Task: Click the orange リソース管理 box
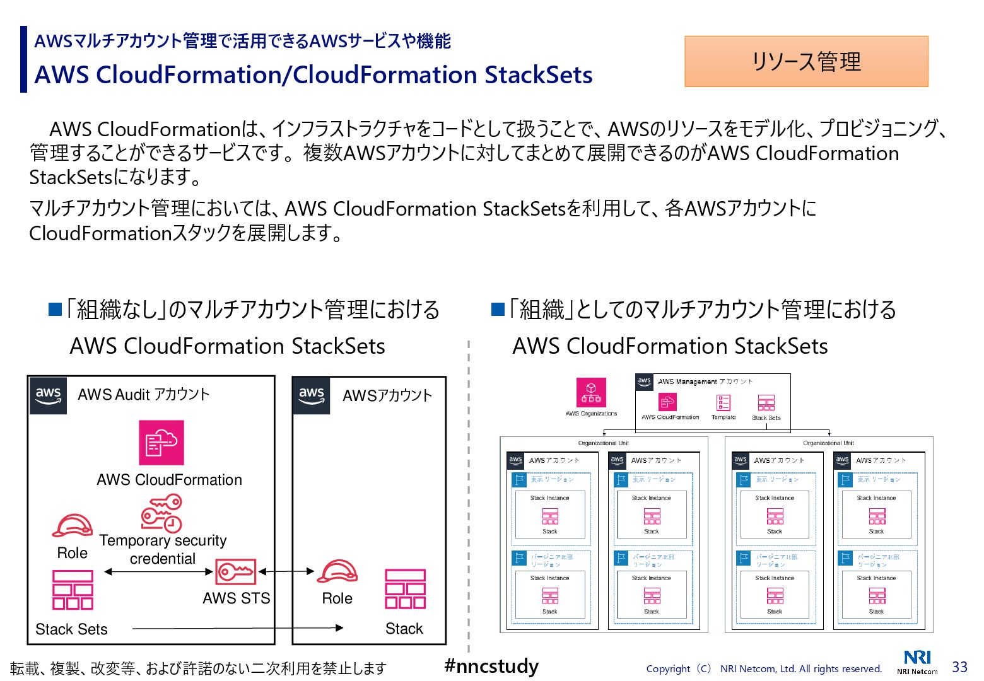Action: [x=806, y=61]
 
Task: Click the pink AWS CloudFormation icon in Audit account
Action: [x=161, y=443]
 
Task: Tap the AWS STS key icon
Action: [x=236, y=572]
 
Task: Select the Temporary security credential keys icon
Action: [x=161, y=513]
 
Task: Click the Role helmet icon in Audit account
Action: [x=72, y=526]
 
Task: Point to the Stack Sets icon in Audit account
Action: [x=73, y=590]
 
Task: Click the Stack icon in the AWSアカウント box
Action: [x=405, y=589]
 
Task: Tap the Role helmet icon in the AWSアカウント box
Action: [x=337, y=571]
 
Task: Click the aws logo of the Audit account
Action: [x=48, y=395]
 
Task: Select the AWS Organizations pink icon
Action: [x=591, y=392]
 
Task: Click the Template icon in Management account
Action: [x=723, y=403]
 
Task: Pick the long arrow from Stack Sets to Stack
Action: [x=237, y=628]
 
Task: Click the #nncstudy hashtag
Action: [x=491, y=666]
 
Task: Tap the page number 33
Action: [x=959, y=667]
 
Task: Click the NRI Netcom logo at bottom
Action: [x=917, y=662]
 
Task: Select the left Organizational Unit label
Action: [x=604, y=443]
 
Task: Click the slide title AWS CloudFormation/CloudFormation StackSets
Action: [x=313, y=75]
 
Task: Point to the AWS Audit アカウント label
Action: [x=143, y=395]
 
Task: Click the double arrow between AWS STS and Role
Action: [x=286, y=571]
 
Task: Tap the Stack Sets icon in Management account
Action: [x=766, y=403]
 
